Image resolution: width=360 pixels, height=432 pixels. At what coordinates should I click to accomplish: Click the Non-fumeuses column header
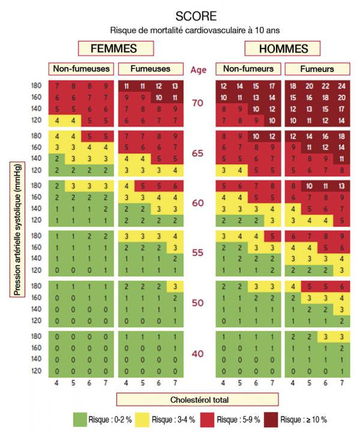[82, 70]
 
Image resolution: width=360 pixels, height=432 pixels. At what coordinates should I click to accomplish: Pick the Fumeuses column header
[148, 70]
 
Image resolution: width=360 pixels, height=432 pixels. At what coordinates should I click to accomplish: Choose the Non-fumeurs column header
[248, 70]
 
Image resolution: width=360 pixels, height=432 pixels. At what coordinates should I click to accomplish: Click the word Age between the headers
[199, 70]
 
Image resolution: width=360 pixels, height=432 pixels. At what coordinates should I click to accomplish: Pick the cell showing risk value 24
[342, 86]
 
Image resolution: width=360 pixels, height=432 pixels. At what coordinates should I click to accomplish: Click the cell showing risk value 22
[326, 86]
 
